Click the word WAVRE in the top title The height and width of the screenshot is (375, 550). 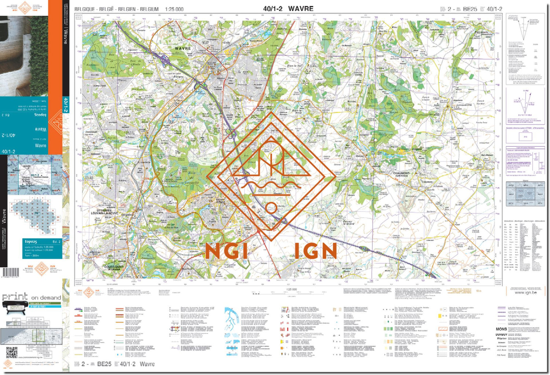[x=301, y=8]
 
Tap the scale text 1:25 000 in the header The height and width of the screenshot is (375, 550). [x=174, y=9]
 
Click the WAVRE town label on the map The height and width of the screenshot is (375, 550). [x=183, y=48]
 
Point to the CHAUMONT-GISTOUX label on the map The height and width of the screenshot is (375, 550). [x=401, y=174]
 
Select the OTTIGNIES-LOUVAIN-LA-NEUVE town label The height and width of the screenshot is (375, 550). [x=104, y=212]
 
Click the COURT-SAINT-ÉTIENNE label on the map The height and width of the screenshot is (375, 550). [x=114, y=268]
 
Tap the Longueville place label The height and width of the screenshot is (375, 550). [x=464, y=105]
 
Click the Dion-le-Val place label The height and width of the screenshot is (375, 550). [x=294, y=66]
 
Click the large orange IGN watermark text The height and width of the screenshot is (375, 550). [x=315, y=251]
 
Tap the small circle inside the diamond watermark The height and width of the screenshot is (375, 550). [x=271, y=208]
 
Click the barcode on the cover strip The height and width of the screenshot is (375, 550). [x=11, y=272]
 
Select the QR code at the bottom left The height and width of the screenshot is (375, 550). [x=12, y=352]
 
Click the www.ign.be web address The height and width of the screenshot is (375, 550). [x=525, y=293]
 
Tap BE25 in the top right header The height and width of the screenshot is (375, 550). [x=470, y=9]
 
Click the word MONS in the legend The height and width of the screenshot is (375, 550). [x=501, y=329]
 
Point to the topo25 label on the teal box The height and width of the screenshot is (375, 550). [x=31, y=242]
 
